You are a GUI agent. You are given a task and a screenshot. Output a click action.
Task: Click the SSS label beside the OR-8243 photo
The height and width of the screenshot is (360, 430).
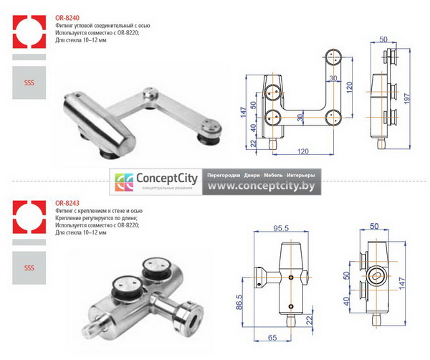[29, 268]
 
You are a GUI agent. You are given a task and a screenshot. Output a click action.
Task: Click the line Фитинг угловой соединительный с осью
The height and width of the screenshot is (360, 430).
[97, 25]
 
